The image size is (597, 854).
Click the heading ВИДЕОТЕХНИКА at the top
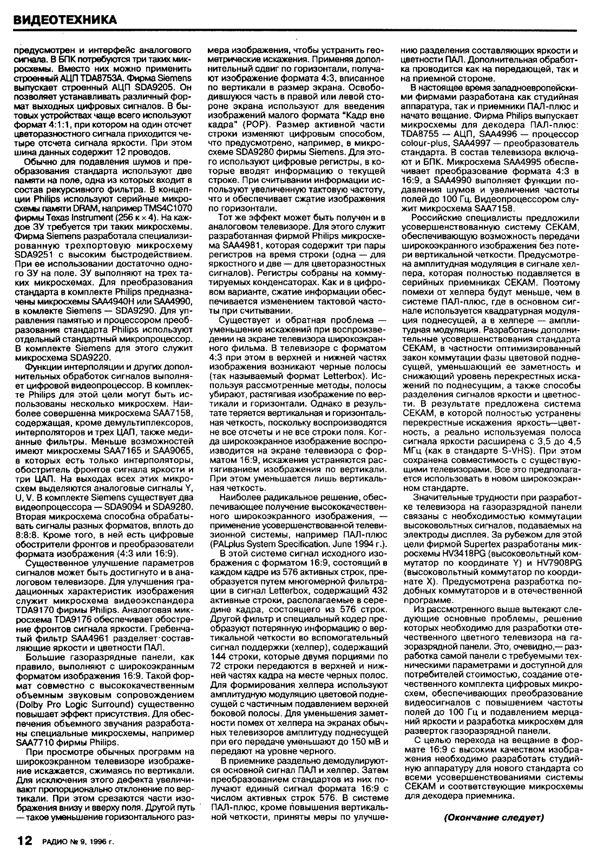(x=65, y=19)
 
